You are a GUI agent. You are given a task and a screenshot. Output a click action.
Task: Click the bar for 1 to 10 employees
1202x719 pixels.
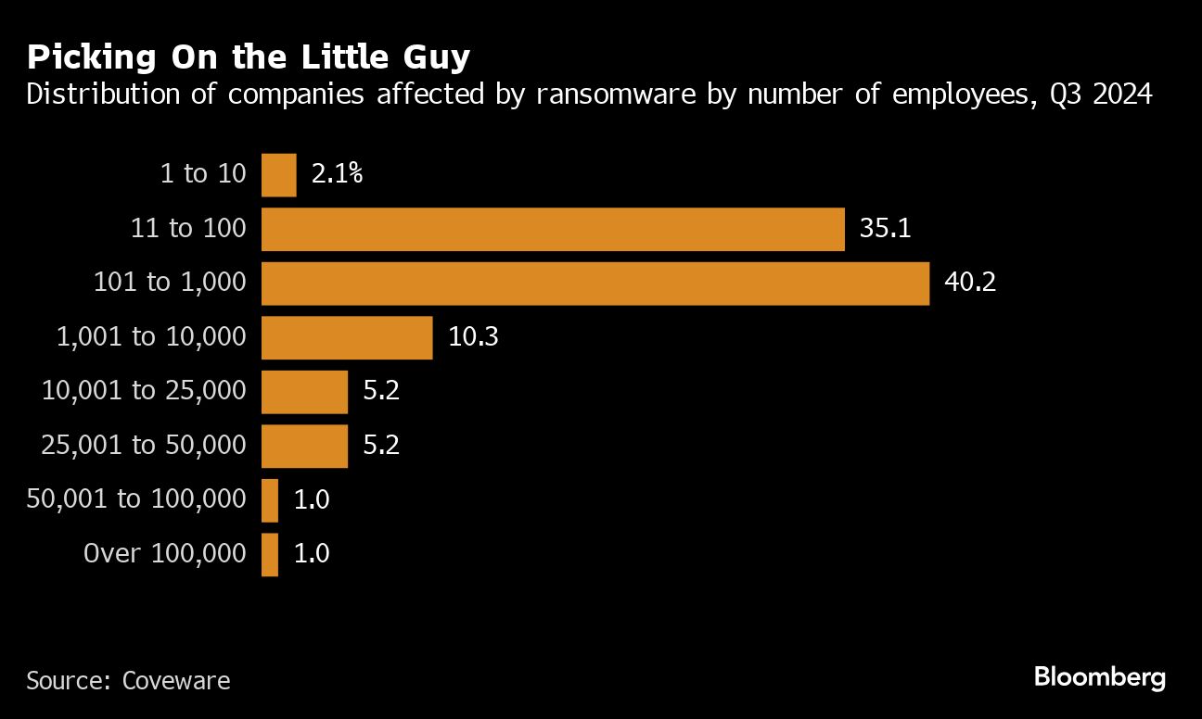pyautogui.click(x=279, y=175)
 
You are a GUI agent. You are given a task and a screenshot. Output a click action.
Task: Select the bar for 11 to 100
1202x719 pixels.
pyautogui.click(x=553, y=229)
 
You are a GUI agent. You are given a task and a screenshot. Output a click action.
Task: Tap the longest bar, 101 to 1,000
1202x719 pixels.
pyautogui.click(x=595, y=284)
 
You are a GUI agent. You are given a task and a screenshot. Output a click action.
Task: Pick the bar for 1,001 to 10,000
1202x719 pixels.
pyautogui.click(x=347, y=337)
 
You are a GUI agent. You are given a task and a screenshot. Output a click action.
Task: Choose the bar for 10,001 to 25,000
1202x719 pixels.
pyautogui.click(x=304, y=392)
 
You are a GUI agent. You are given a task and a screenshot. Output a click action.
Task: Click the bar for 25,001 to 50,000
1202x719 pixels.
pyautogui.click(x=304, y=446)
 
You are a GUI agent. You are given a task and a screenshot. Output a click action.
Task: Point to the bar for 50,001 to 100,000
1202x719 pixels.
pyautogui.click(x=270, y=500)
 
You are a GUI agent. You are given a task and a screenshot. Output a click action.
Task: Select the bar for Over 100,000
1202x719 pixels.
pyautogui.click(x=270, y=554)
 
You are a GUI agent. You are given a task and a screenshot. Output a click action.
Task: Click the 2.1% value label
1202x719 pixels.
pyautogui.click(x=337, y=175)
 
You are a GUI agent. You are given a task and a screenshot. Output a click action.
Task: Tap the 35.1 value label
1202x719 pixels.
pyautogui.click(x=885, y=229)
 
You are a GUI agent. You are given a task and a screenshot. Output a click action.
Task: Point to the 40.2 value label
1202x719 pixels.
pyautogui.click(x=970, y=284)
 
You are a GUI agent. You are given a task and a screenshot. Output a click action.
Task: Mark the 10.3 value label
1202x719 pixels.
pyautogui.click(x=473, y=337)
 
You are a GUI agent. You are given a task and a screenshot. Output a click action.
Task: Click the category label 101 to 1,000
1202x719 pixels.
pyautogui.click(x=170, y=284)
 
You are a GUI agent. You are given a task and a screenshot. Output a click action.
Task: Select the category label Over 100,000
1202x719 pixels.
pyautogui.click(x=165, y=554)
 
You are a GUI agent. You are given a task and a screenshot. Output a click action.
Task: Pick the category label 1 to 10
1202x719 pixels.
pyautogui.click(x=203, y=175)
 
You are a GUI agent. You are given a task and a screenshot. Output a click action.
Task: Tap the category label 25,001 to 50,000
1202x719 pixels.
pyautogui.click(x=144, y=446)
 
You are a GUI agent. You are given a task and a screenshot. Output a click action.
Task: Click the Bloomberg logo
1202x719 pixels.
pyautogui.click(x=1100, y=677)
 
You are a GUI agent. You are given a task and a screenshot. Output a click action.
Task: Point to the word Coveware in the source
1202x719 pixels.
pyautogui.click(x=175, y=681)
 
